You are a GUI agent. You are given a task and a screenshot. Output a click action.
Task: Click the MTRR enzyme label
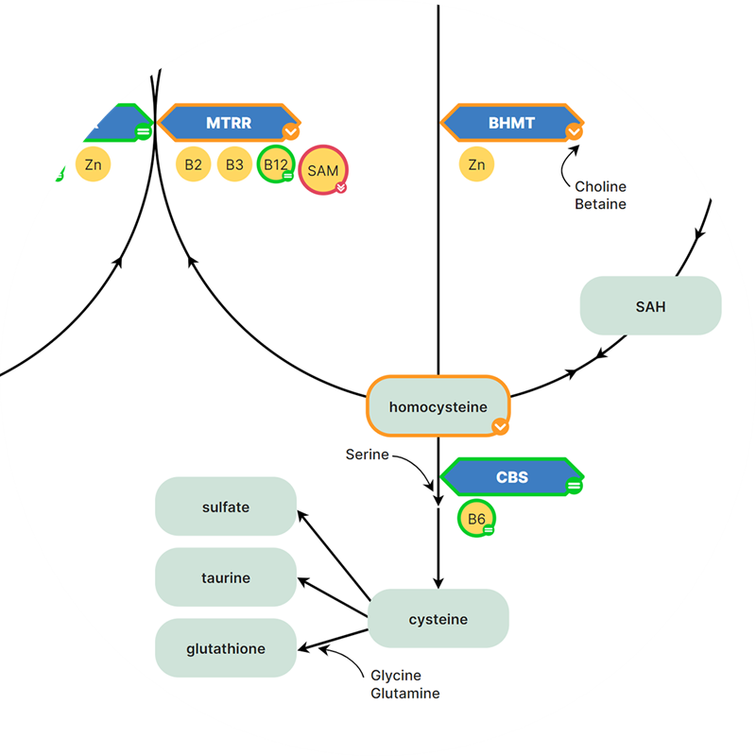229,123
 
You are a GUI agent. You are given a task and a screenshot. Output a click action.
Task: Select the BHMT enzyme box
511,123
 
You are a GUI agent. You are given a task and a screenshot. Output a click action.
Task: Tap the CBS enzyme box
511,477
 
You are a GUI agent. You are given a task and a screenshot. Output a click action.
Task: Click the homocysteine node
438,407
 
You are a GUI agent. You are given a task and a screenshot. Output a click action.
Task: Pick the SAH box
650,306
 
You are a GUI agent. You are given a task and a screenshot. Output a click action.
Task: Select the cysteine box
438,619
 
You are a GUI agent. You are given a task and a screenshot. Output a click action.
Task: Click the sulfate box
226,507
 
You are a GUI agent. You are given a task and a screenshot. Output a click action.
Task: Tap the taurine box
226,577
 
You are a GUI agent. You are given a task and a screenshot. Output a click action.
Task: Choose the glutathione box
226,648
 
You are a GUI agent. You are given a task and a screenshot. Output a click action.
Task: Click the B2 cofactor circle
194,164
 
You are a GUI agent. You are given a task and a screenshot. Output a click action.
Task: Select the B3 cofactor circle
234,164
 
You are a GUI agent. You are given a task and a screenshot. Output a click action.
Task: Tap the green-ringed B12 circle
276,164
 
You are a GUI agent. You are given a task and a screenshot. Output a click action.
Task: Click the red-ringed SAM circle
323,171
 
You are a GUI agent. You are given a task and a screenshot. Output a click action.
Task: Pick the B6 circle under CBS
476,519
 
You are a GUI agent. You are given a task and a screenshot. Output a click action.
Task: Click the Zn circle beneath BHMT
477,164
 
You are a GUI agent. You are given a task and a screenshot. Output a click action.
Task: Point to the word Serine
367,455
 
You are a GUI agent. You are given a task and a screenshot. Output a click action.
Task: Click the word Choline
600,187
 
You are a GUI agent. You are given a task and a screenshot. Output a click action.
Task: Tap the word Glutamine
404,693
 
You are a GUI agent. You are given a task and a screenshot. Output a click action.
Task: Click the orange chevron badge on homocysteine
500,427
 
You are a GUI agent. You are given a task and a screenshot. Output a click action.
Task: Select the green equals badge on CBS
574,486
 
